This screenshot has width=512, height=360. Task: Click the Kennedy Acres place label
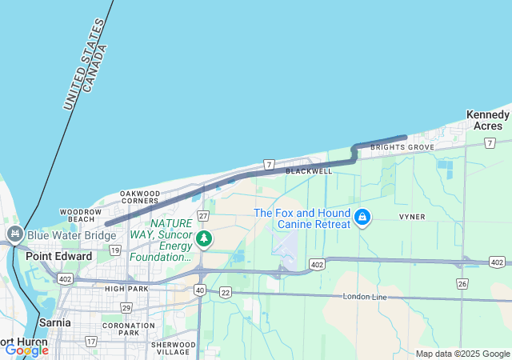pyautogui.click(x=487, y=120)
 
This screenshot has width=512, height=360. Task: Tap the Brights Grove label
pyautogui.click(x=403, y=147)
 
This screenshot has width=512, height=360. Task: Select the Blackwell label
pyautogui.click(x=308, y=171)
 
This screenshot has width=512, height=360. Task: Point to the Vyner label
pyautogui.click(x=412, y=217)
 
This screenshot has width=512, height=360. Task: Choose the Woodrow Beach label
pyautogui.click(x=79, y=215)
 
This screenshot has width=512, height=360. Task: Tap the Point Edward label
pyautogui.click(x=58, y=256)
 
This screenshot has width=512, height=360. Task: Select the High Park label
pyautogui.click(x=126, y=288)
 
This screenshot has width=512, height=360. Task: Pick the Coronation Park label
pyautogui.click(x=127, y=329)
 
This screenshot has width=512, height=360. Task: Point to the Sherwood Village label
pyautogui.click(x=173, y=348)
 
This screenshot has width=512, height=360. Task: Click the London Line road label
pyautogui.click(x=365, y=297)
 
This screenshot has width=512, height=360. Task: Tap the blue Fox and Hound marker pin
pyautogui.click(x=362, y=217)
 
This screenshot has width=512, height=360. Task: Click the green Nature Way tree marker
pyautogui.click(x=204, y=238)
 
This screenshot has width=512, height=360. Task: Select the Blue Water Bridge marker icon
pyautogui.click(x=14, y=235)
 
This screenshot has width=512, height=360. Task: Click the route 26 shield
pyautogui.click(x=462, y=284)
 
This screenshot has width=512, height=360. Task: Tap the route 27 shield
pyautogui.click(x=203, y=216)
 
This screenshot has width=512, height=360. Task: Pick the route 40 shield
pyautogui.click(x=199, y=290)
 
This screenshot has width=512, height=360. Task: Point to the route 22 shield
pyautogui.click(x=226, y=293)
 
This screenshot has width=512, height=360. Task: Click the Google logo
pyautogui.click(x=27, y=350)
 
